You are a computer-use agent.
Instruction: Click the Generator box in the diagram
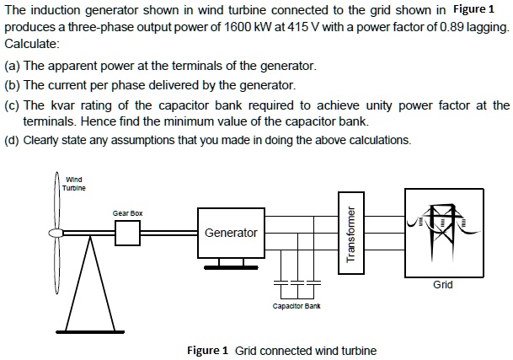pyautogui.click(x=231, y=232)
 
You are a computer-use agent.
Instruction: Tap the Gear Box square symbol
pyautogui.click(x=128, y=232)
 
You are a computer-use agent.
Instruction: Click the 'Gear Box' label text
pyautogui.click(x=128, y=213)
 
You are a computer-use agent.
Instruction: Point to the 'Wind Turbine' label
pyautogui.click(x=73, y=183)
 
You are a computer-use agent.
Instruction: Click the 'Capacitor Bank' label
pyautogui.click(x=296, y=306)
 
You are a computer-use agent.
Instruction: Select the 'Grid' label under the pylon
pyautogui.click(x=443, y=284)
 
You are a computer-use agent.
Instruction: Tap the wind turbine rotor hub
pyautogui.click(x=53, y=232)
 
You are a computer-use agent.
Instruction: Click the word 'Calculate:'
pyautogui.click(x=32, y=43)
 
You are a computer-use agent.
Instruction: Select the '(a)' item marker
pyautogui.click(x=13, y=65)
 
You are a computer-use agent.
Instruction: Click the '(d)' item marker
pyautogui.click(x=13, y=140)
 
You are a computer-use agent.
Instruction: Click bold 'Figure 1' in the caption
pyautogui.click(x=207, y=350)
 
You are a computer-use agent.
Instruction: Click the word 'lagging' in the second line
pyautogui.click(x=489, y=27)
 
